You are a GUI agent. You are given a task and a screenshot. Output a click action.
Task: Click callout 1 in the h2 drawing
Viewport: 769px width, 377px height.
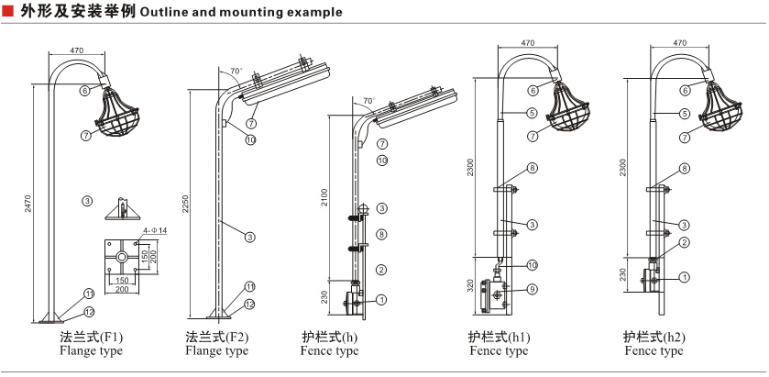(684, 275)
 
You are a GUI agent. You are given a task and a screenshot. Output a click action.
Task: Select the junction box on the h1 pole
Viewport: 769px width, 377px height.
(500, 294)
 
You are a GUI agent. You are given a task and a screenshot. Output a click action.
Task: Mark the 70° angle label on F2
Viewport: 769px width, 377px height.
(236, 71)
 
